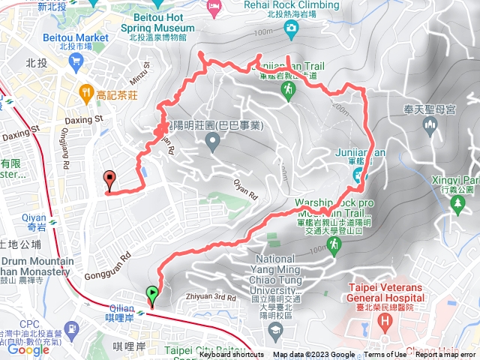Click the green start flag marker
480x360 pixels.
[x=153, y=293]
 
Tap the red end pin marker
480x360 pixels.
[x=110, y=178]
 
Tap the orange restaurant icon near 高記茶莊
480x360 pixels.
[x=87, y=94]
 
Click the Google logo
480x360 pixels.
[x=28, y=349]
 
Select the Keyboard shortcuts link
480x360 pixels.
[x=232, y=355]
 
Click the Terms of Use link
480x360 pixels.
[x=385, y=355]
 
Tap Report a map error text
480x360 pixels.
[x=445, y=355]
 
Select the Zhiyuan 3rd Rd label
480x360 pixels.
[x=212, y=276]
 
